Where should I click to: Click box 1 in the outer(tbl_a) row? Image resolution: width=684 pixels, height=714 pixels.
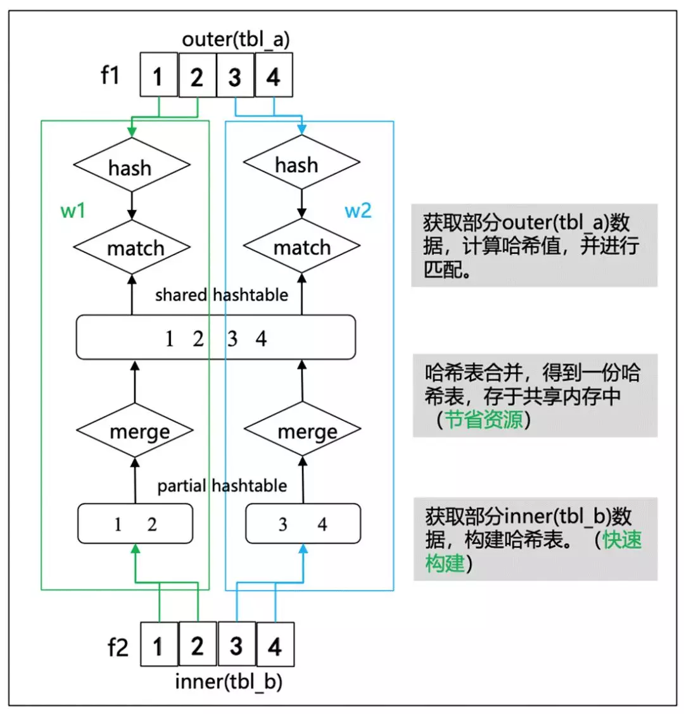pos(158,77)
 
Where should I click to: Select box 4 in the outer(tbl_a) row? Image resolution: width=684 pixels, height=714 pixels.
pos(274,77)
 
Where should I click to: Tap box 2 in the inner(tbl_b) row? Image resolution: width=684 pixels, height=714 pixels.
pos(198,645)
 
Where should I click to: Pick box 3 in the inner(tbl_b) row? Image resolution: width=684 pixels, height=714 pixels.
pos(236,645)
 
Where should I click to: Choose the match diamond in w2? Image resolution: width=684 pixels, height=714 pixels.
pos(301,246)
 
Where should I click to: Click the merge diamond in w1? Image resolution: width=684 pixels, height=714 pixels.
pos(134,431)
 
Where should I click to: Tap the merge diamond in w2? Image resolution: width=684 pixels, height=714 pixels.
pos(302,432)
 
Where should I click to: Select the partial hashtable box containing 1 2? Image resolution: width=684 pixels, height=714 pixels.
pos(135,523)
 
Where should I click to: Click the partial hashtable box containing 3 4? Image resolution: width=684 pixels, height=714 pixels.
pos(303,523)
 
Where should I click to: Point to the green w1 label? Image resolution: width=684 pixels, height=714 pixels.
pos(73,210)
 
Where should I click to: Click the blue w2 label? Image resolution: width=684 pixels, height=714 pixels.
pos(358,210)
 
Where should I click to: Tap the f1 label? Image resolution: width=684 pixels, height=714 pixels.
pos(110,75)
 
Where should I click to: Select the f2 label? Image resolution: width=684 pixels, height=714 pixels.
pos(118,647)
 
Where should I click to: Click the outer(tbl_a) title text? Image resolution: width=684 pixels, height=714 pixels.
pos(236,39)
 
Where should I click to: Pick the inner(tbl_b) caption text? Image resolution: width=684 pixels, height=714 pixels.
pos(229,682)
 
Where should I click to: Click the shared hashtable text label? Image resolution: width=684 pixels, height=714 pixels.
pos(221,295)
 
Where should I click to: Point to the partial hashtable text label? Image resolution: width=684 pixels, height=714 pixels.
pos(222,485)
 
